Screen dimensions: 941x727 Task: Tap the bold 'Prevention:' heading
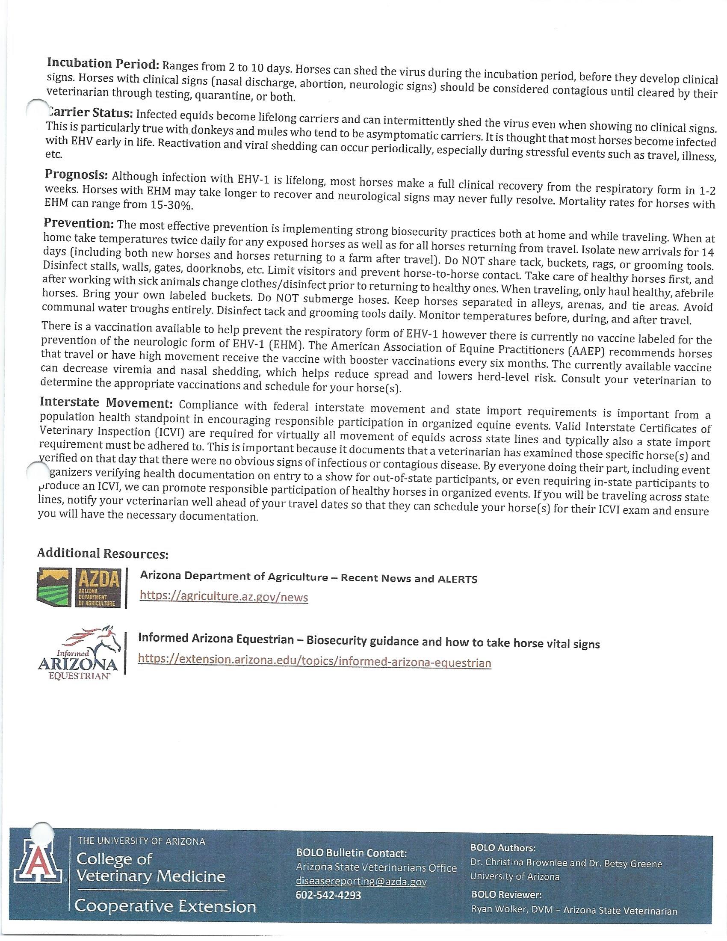click(78, 223)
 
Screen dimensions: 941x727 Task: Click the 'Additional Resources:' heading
click(103, 553)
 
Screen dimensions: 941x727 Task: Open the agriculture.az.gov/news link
click(224, 597)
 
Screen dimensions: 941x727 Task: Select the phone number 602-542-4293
click(328, 895)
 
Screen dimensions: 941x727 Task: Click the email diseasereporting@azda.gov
click(361, 881)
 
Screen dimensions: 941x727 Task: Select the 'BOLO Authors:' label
click(503, 847)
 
